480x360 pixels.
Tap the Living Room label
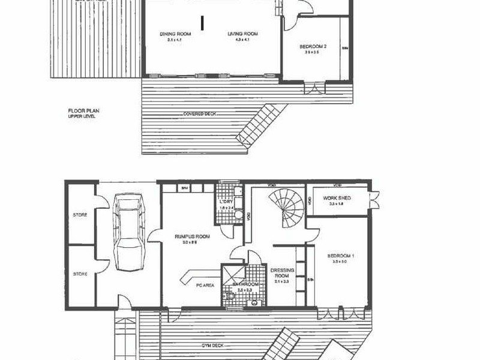point(243,35)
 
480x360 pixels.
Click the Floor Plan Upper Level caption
point(82,113)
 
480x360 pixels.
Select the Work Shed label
point(337,199)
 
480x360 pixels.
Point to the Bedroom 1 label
point(341,256)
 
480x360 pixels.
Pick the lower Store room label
point(80,274)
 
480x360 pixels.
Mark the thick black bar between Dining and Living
point(204,22)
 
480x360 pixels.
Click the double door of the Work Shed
point(375,197)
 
